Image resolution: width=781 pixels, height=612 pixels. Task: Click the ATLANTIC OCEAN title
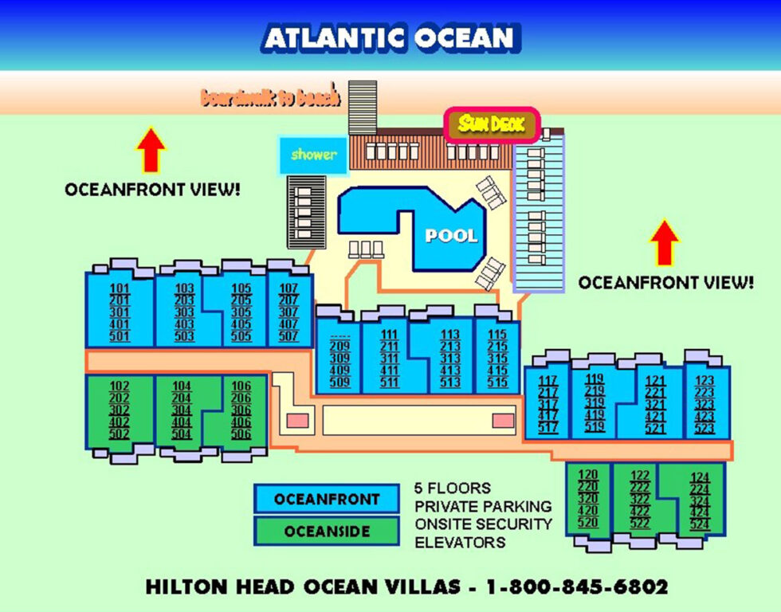pyautogui.click(x=390, y=37)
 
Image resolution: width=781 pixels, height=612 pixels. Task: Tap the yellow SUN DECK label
pyautogui.click(x=491, y=124)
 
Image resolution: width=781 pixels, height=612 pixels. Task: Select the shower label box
pyautogui.click(x=313, y=155)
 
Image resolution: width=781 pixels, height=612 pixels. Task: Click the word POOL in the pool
pyautogui.click(x=451, y=236)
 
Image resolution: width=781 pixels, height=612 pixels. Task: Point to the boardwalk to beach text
pyautogui.click(x=271, y=97)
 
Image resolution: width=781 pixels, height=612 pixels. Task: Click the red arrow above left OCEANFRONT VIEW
pyautogui.click(x=151, y=149)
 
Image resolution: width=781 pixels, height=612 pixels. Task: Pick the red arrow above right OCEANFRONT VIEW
pyautogui.click(x=665, y=242)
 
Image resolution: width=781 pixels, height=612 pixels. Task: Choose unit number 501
pyautogui.click(x=120, y=336)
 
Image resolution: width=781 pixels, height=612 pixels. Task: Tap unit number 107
pyautogui.click(x=288, y=288)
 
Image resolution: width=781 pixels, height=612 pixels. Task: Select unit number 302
pyautogui.click(x=120, y=410)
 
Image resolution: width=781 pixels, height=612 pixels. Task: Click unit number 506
pyautogui.click(x=241, y=434)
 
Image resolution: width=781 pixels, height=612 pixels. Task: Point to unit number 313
pyautogui.click(x=450, y=359)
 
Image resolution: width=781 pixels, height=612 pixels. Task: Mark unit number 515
pyautogui.click(x=497, y=382)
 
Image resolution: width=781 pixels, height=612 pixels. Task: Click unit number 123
pyautogui.click(x=704, y=381)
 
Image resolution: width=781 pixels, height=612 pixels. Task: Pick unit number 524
pyautogui.click(x=700, y=524)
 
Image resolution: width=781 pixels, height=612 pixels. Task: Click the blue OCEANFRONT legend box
pyautogui.click(x=327, y=500)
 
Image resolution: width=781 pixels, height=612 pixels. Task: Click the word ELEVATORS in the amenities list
pyautogui.click(x=460, y=543)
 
